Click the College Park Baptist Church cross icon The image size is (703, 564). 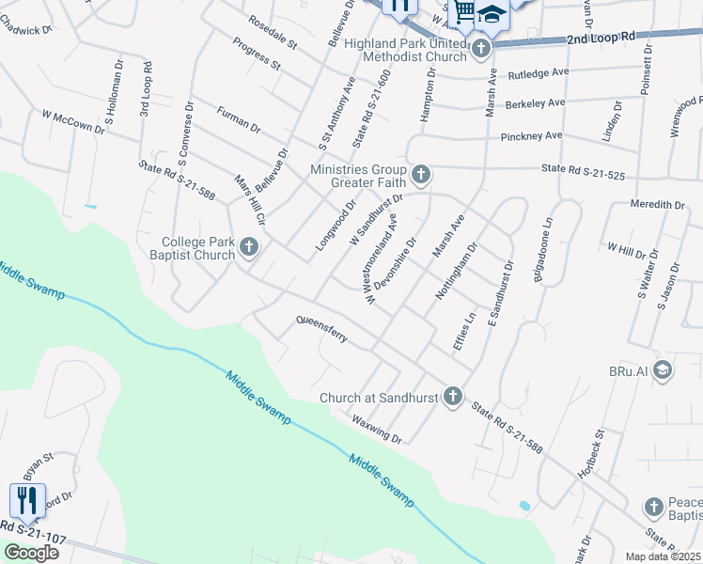pos(249,247)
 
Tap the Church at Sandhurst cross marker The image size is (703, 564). pos(453,397)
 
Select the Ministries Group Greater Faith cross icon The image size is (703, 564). pos(421,174)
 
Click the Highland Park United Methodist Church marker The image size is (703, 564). pos(481,47)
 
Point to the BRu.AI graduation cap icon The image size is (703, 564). pos(663,369)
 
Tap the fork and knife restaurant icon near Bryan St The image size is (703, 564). pos(28,500)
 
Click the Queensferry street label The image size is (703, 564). pos(321,328)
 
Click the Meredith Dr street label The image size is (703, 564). pos(658,204)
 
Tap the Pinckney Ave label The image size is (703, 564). pos(531,135)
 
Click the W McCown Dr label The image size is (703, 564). pos(73,121)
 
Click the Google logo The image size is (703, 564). pos(31,552)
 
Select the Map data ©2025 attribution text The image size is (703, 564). pos(663,556)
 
